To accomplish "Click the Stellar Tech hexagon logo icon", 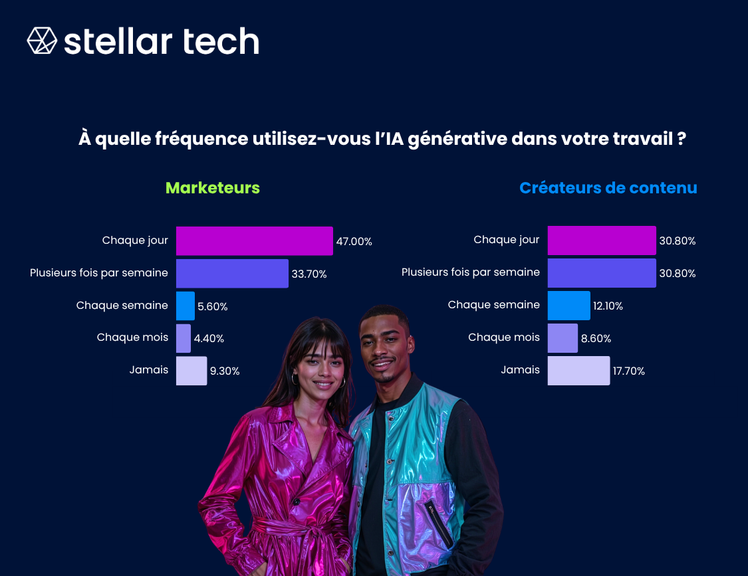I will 42,41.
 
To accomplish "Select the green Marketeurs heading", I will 213,188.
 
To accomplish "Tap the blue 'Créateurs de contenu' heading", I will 608,188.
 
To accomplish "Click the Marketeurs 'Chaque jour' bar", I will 254,240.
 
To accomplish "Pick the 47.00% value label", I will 354,241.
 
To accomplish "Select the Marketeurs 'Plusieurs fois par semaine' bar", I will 232,273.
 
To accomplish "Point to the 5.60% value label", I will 213,306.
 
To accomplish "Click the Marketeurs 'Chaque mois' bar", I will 184,338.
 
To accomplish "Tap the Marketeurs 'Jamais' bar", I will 191,371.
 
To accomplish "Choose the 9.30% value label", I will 225,371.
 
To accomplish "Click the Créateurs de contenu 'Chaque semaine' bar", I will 568,306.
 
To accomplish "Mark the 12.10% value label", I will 608,306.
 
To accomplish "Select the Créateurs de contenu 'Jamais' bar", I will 578,371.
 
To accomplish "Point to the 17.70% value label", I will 629,371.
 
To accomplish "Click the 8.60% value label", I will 596,339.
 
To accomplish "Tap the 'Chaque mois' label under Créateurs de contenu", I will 504,337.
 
